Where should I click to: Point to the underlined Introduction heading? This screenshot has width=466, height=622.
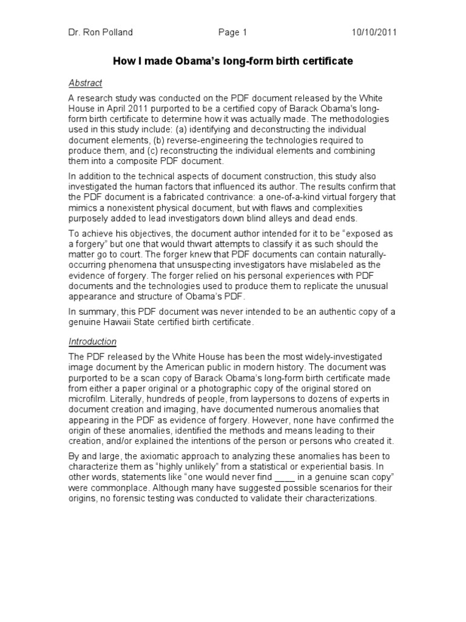pyautogui.click(x=92, y=341)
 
